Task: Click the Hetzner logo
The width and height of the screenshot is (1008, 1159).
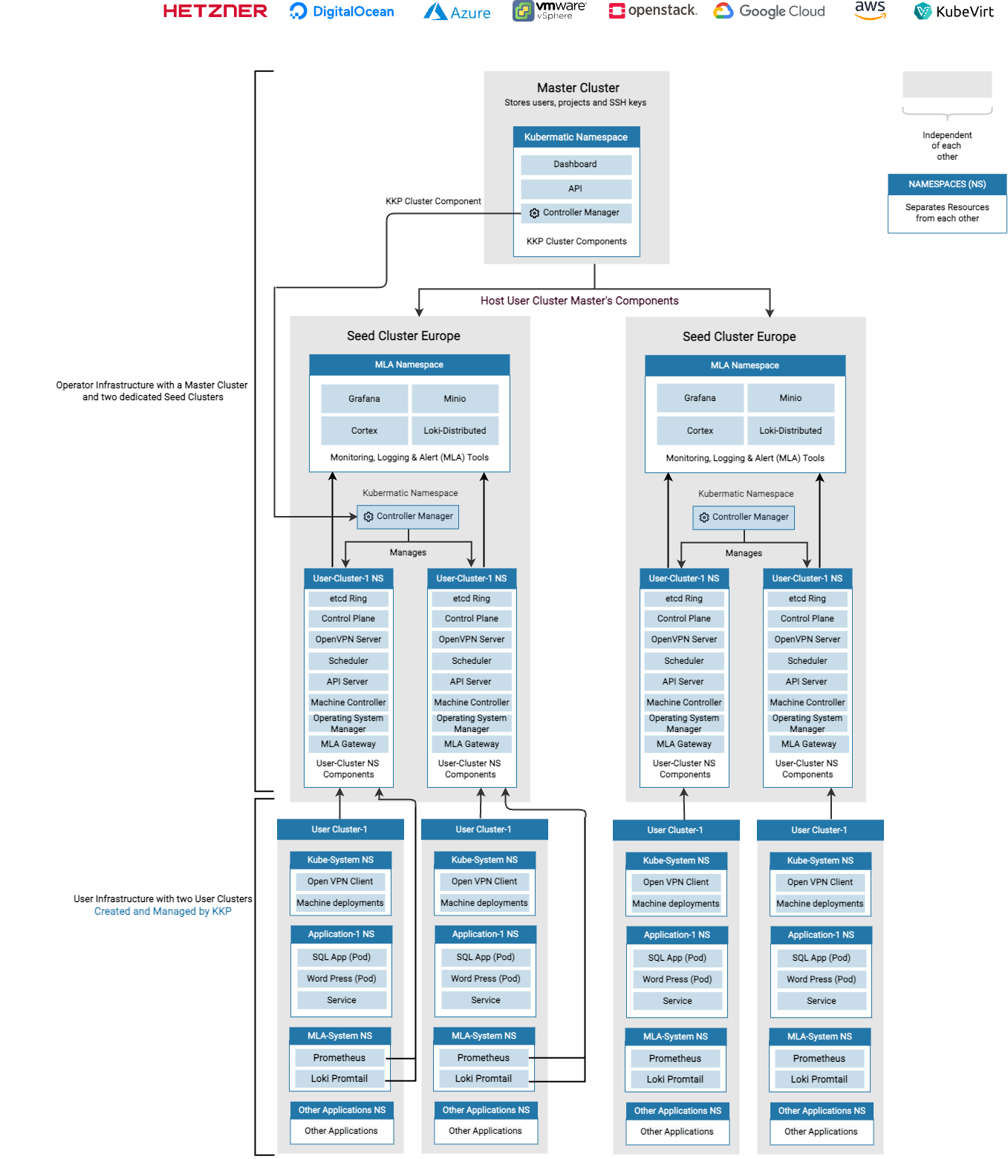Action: [x=215, y=11]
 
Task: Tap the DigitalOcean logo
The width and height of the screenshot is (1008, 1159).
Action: [x=342, y=11]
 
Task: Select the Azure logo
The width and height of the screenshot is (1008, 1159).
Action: [x=457, y=12]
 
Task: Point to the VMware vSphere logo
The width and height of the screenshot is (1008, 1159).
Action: [x=550, y=10]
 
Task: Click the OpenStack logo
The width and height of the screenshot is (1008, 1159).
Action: [x=653, y=10]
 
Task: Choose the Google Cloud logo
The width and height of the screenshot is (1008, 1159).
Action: [x=769, y=11]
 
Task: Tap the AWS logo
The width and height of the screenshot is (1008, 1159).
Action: [x=870, y=10]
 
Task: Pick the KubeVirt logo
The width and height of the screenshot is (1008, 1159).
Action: [x=954, y=11]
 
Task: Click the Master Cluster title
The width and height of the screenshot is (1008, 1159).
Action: [x=578, y=88]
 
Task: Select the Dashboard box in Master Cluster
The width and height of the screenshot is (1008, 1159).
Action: [x=576, y=164]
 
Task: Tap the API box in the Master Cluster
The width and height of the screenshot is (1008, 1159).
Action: [x=576, y=189]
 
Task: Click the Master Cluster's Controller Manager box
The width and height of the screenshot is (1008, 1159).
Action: [x=576, y=213]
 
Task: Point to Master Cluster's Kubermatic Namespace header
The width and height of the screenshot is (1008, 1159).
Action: [x=576, y=137]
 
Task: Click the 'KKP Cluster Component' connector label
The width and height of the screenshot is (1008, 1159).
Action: [x=433, y=201]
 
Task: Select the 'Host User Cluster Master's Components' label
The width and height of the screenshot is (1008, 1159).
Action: [x=579, y=301]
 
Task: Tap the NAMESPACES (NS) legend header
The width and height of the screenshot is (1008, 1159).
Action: [x=947, y=184]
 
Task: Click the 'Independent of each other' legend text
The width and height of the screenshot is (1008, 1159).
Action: [x=947, y=146]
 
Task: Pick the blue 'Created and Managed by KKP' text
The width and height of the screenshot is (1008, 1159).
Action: [x=163, y=911]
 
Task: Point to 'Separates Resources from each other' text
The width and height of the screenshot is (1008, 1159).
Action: [x=947, y=213]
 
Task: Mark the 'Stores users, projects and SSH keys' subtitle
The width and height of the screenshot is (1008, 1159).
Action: [x=576, y=103]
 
